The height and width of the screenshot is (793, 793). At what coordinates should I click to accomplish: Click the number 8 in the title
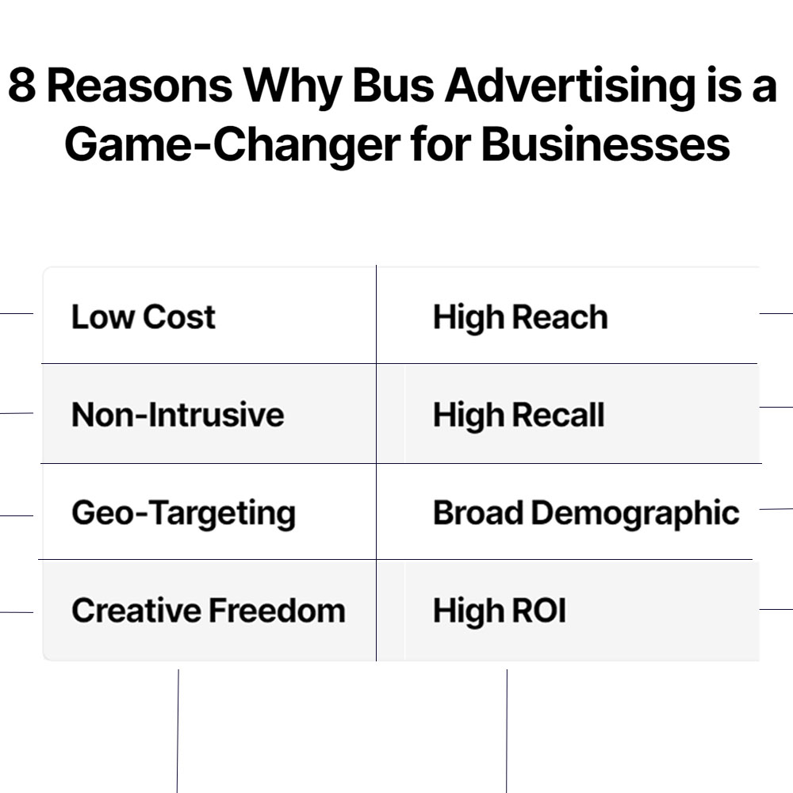click(21, 86)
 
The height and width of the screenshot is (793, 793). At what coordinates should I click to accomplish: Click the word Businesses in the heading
click(605, 144)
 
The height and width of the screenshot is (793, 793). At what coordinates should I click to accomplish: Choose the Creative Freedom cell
click(209, 611)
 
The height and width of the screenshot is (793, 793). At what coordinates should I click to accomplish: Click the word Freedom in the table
click(277, 611)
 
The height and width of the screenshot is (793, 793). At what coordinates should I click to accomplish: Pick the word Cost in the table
click(180, 317)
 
